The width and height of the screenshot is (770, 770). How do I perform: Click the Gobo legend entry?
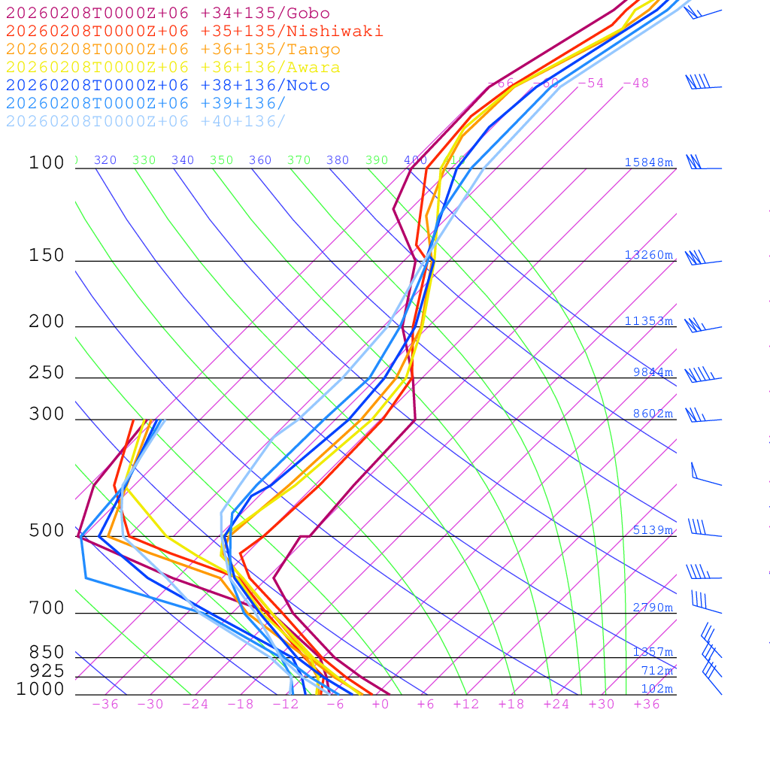(x=168, y=13)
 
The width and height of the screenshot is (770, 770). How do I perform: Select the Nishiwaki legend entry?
(x=195, y=31)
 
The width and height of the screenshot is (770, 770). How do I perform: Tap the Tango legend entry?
(x=173, y=50)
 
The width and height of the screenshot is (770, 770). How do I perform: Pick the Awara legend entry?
(x=173, y=68)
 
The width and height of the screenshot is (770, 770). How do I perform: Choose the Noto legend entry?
(x=168, y=86)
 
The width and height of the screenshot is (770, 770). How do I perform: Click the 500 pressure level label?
(x=47, y=531)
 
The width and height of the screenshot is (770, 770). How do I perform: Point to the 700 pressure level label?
(x=47, y=608)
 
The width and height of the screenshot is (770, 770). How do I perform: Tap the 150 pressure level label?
(x=47, y=256)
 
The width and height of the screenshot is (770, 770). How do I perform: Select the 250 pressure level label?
(x=47, y=373)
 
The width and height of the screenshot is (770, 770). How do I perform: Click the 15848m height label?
(x=648, y=162)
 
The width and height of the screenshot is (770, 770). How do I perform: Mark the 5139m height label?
(x=652, y=530)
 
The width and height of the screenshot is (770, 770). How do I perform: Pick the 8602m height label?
(x=652, y=414)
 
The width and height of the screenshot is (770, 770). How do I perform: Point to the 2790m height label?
(x=652, y=608)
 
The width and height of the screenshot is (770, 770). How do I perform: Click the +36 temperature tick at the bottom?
(x=646, y=705)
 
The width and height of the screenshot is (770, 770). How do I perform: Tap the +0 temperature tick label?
(x=380, y=705)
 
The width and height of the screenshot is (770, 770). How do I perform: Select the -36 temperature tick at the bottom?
(x=105, y=705)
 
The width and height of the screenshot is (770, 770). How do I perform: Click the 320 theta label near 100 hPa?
(x=105, y=160)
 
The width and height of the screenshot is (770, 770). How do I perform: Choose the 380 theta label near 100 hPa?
(x=338, y=160)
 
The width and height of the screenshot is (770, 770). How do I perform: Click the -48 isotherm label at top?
(x=635, y=83)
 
